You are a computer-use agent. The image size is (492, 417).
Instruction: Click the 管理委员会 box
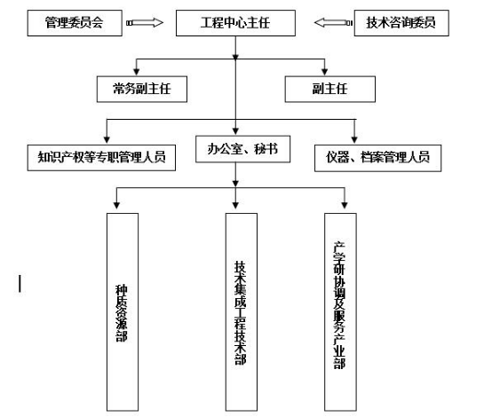click(75, 23)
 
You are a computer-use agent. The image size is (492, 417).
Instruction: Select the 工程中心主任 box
click(235, 23)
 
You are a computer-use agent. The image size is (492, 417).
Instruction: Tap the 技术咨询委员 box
click(401, 23)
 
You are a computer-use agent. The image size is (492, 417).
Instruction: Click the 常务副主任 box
click(142, 89)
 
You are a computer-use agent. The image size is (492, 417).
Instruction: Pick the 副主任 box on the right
click(330, 89)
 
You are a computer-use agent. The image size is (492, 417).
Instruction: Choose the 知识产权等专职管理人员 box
click(101, 158)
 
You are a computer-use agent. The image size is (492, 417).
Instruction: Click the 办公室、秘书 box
click(242, 149)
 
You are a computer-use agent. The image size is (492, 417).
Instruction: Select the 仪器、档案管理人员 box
click(378, 158)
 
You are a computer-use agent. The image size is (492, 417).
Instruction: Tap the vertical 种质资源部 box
click(123, 312)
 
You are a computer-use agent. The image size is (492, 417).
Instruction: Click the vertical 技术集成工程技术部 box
click(242, 312)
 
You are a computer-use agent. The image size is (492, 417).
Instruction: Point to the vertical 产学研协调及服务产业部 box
click(340, 312)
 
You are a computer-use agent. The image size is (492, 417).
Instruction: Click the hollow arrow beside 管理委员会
click(145, 22)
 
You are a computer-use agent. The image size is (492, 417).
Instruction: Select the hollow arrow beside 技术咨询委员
click(333, 22)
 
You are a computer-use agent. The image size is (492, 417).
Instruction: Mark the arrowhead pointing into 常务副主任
click(137, 72)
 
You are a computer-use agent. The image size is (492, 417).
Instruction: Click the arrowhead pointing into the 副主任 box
click(325, 72)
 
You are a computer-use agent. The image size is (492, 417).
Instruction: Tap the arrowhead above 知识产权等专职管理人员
click(107, 139)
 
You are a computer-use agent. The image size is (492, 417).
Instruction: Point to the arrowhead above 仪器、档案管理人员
click(354, 139)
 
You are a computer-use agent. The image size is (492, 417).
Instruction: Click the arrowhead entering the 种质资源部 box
click(116, 205)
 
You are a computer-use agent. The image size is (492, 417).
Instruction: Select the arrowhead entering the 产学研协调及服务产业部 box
click(345, 205)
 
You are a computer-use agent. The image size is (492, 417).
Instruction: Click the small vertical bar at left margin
click(20, 284)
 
